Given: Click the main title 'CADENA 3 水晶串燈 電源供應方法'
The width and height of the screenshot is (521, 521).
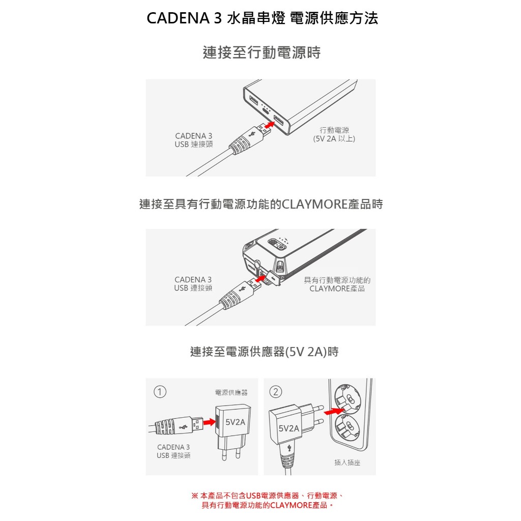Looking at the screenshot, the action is tap(262, 18).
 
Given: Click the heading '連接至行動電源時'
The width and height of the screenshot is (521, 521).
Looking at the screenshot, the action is tap(262, 52).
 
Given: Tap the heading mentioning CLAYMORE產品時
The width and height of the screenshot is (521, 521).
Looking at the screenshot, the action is tap(261, 204).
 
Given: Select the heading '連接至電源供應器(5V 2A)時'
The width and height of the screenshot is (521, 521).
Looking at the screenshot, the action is tap(264, 352).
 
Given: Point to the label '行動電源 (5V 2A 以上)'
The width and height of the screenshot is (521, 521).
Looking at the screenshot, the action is tap(334, 134).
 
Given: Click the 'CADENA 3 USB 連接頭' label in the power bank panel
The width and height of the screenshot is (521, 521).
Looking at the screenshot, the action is tap(194, 140).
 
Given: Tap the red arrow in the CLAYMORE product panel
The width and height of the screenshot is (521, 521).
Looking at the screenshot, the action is tap(261, 278).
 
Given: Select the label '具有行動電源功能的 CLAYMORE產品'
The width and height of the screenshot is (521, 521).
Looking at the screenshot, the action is tap(337, 284).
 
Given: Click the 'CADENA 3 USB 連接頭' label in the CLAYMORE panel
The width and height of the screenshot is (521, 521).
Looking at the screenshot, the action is tap(193, 284).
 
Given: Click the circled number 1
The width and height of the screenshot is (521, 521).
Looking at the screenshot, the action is tap(160, 392).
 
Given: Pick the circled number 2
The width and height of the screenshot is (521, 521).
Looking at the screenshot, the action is tap(276, 392).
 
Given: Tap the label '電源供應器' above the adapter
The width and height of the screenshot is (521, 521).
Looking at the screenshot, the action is tap(231, 392).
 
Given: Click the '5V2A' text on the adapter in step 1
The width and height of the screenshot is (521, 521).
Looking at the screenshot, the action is tap(235, 422).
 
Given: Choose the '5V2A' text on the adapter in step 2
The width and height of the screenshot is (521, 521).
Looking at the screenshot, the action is tap(289, 428).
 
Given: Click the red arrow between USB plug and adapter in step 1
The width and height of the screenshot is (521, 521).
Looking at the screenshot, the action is tap(209, 422).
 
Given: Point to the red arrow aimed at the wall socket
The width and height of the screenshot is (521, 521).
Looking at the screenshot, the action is tap(333, 411).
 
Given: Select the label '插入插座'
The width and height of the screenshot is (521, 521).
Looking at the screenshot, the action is tap(347, 462).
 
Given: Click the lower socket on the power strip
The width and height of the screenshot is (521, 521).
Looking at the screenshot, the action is tap(348, 427).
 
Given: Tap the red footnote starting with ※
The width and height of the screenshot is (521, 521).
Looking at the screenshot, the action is tap(268, 501).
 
